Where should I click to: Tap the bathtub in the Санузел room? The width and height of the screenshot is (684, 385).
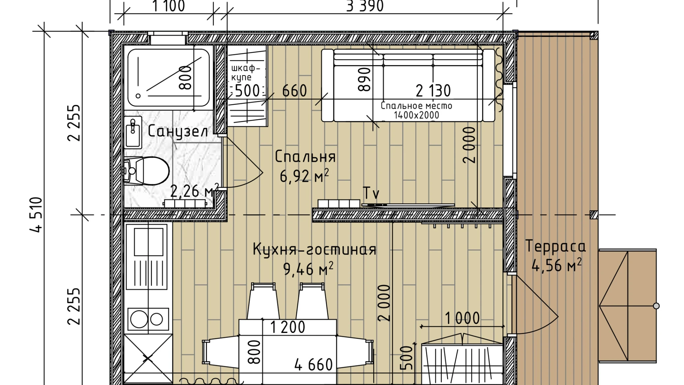click(x=168, y=79)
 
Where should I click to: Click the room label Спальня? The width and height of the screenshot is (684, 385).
click(x=305, y=157)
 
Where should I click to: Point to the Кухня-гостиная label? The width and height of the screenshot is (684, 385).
click(x=314, y=249)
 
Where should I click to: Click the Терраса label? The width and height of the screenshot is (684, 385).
click(x=556, y=246)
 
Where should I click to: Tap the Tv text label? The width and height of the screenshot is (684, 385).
click(x=371, y=193)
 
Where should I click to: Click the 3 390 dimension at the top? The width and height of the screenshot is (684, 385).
click(x=365, y=6)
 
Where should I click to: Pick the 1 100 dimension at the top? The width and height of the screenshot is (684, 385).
click(x=168, y=6)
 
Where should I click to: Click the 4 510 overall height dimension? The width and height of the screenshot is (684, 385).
click(x=36, y=215)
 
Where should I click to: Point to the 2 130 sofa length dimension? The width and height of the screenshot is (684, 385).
click(x=433, y=91)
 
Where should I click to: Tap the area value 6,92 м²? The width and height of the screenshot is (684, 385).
click(x=304, y=176)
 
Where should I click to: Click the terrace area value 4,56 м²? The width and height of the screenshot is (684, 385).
click(x=556, y=265)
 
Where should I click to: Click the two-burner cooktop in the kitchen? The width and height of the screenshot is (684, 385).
click(x=148, y=319)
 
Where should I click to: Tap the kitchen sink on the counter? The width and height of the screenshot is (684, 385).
click(x=148, y=242)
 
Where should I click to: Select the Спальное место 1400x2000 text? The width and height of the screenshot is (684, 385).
click(x=416, y=110)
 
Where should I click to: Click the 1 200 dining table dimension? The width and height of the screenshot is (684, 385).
click(x=287, y=327)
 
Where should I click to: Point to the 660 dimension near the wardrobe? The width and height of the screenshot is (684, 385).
click(x=294, y=91)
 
